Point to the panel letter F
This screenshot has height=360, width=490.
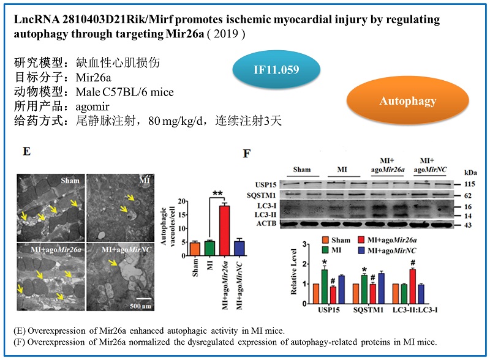[x=246, y=153]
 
